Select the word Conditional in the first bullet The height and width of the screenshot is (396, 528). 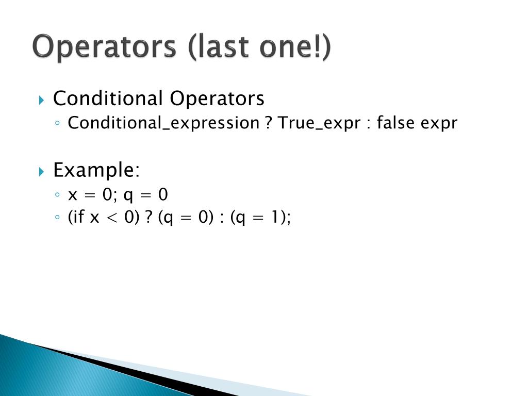click(108, 98)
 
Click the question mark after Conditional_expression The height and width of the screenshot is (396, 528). click(269, 123)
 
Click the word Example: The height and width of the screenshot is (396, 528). click(96, 170)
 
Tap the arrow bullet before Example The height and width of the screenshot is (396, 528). click(43, 171)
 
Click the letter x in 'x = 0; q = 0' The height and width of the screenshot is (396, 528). click(72, 195)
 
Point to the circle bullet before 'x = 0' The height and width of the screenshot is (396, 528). click(58, 195)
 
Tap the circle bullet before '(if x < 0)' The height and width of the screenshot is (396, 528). click(58, 218)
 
